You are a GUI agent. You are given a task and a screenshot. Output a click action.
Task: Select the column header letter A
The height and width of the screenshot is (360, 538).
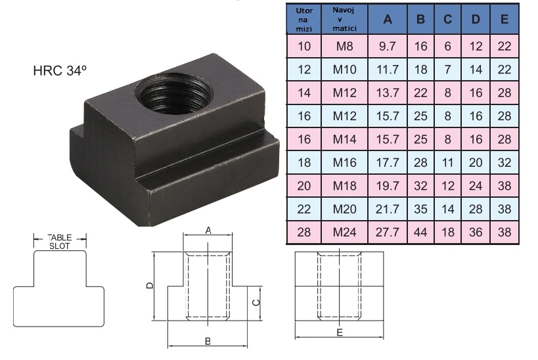pos(388,19)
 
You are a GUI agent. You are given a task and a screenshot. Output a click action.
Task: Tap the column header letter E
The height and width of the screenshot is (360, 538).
pos(504,19)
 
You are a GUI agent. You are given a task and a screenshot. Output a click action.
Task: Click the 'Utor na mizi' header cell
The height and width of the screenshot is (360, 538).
pos(304,20)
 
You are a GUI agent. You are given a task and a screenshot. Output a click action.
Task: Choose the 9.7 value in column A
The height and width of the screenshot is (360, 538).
pos(388,47)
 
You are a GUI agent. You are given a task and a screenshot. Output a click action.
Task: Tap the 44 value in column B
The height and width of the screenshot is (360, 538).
pos(421,232)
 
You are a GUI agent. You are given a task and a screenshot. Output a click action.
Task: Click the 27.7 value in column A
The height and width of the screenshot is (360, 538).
pos(388,232)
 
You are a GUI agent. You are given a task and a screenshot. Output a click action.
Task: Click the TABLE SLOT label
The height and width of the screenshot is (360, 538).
pos(60,241)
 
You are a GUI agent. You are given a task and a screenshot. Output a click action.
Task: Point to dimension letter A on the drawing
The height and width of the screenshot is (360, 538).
pos(208,231)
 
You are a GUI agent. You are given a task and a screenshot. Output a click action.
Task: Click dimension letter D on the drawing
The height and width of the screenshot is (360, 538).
pos(150,286)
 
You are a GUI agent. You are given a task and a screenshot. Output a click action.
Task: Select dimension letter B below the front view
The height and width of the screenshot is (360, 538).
pos(207,341)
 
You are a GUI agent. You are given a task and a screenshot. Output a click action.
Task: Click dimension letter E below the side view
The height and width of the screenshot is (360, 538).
pos(340,333)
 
